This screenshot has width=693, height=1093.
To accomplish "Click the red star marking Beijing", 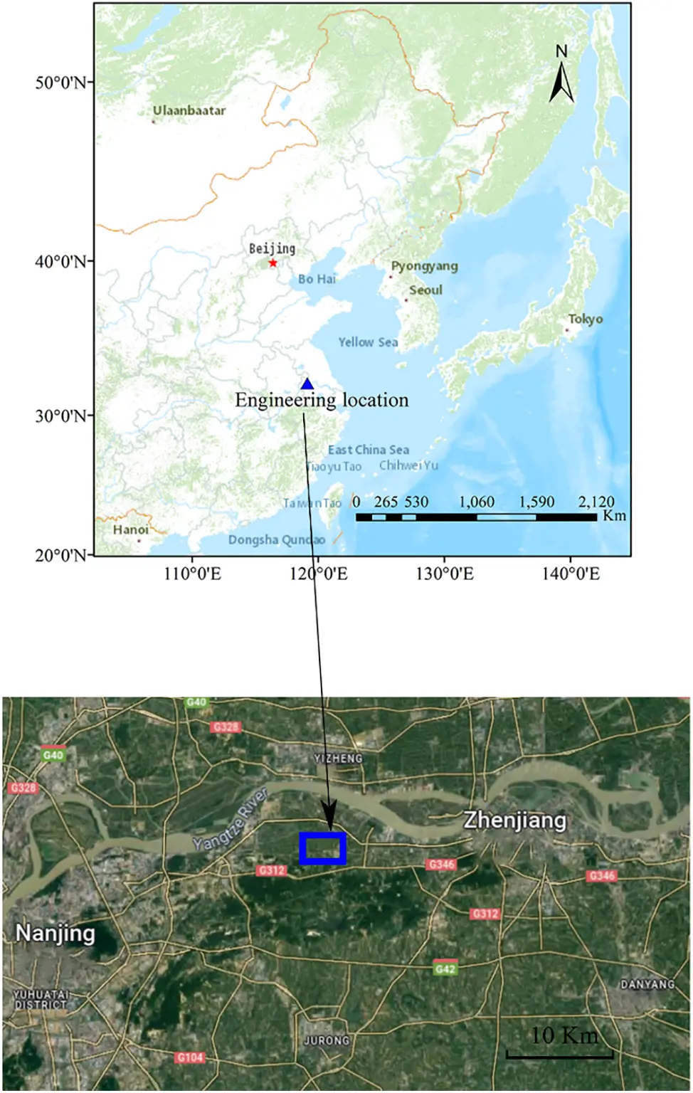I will pos(273,263).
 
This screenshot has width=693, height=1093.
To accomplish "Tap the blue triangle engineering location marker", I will pos(307,385).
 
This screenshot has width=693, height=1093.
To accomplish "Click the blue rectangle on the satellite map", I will pos(322,848).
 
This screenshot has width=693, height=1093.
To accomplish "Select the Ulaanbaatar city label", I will pos(189,111).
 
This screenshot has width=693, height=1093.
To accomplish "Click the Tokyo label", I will pos(585,320).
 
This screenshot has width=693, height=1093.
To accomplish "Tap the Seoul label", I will pos(425,290).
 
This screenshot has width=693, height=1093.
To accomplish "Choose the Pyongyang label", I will pos(424,266).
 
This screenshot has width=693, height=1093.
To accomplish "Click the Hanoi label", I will pos(131,530).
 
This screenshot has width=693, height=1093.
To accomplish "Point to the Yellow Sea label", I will pos(368,342).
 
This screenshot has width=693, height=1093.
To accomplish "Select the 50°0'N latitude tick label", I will pos(63,83).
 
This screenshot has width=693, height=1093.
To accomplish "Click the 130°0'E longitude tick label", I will pos(445,574).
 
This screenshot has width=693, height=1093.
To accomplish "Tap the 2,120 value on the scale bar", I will pos(596,502).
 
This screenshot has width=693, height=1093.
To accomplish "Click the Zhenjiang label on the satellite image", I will pos(515,820).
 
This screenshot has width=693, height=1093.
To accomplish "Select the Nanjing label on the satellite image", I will pos(55,933).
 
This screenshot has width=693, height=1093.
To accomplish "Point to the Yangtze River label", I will pos(231,820).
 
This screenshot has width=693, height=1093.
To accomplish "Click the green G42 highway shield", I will pos(445,968).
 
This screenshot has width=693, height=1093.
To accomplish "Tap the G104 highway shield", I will pos(190,1057).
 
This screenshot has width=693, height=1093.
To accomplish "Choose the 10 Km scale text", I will pos(564,1035).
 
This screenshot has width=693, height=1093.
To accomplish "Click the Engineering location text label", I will pos(322,401).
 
